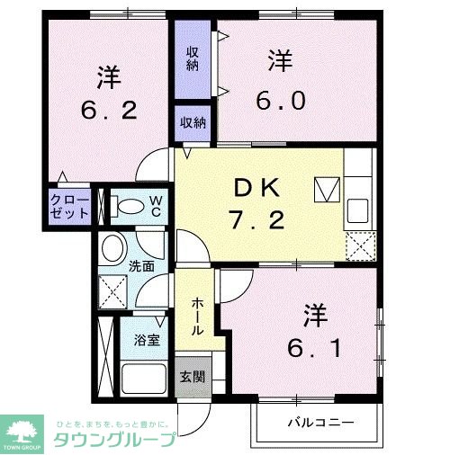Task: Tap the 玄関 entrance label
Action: click(191, 376)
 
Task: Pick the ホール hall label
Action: click(197, 317)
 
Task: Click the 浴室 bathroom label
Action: click(147, 340)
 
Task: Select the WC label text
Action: click(155, 205)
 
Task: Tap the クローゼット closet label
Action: click(70, 206)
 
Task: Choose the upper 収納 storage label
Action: click(193, 58)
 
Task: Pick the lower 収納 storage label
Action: click(193, 122)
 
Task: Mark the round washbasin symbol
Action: click(113, 248)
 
